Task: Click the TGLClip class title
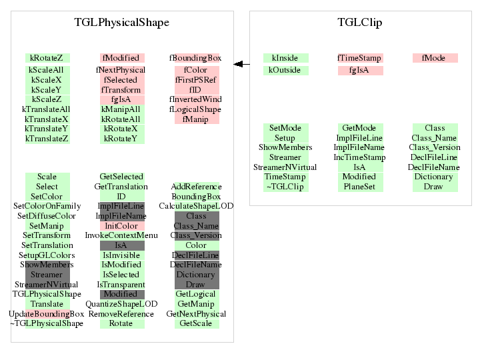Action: point(359,23)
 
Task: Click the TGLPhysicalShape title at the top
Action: point(121,23)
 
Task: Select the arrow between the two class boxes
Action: point(241,64)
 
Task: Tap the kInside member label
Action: point(285,58)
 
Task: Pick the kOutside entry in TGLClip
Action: point(285,70)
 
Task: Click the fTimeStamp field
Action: point(359,58)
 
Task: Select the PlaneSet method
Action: point(359,187)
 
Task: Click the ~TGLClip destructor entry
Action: point(285,187)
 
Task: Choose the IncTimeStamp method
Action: point(359,157)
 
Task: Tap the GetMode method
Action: point(359,127)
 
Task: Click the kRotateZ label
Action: point(47,58)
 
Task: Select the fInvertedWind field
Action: point(195,99)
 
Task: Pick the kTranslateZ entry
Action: point(47,139)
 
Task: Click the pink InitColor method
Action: point(121,226)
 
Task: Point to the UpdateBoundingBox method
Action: point(47,314)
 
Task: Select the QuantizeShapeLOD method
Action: point(121,304)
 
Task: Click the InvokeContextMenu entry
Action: point(121,235)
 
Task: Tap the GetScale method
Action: point(195,323)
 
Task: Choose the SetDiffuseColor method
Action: point(47,216)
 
